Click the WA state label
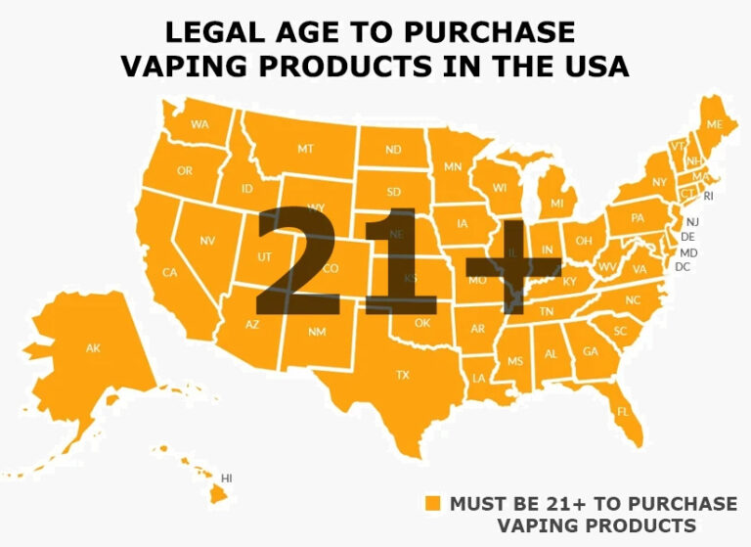coord(200,124)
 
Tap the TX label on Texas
coord(402,375)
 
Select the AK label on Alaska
coord(93,347)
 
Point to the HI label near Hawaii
coord(227,478)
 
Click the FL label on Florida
coord(623,411)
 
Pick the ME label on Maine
coord(715,124)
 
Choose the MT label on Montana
coord(305,149)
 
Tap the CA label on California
coord(169,272)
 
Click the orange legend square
coord(433,504)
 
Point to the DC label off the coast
coord(683,266)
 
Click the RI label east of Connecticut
coord(709,196)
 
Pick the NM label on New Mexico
coord(317,333)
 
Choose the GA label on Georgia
coord(591,351)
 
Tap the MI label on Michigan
coord(556,204)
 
